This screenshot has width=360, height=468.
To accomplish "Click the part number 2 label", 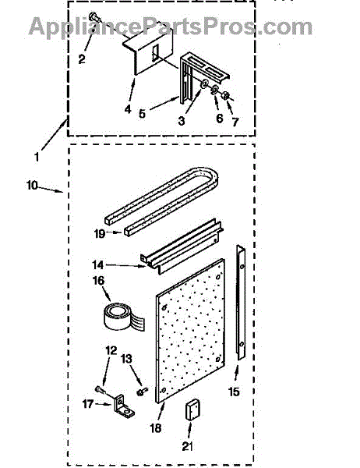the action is pyautogui.click(x=82, y=59).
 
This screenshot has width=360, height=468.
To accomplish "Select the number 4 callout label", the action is pyautogui.click(x=128, y=109).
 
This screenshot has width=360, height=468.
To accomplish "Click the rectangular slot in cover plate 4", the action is pyautogui.click(x=155, y=54).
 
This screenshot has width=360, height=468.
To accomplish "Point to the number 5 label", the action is pyautogui.click(x=142, y=113).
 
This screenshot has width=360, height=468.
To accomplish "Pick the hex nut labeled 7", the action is pyautogui.click(x=226, y=96).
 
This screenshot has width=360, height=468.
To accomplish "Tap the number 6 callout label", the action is pyautogui.click(x=220, y=119).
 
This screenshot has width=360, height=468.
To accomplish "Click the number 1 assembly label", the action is pyautogui.click(x=37, y=157).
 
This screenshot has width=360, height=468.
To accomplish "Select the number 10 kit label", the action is pyautogui.click(x=32, y=186).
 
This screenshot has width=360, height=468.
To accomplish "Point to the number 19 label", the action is pyautogui.click(x=100, y=233).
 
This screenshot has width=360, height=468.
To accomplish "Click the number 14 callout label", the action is pyautogui.click(x=98, y=265).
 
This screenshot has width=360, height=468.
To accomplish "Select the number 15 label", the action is pyautogui.click(x=234, y=392).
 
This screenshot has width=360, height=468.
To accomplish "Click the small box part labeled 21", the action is pyautogui.click(x=192, y=409).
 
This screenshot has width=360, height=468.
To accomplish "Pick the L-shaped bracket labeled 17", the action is pyautogui.click(x=123, y=406).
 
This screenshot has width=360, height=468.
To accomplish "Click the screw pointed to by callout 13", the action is pyautogui.click(x=142, y=392).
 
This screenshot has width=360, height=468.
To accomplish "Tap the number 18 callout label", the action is pyautogui.click(x=156, y=428).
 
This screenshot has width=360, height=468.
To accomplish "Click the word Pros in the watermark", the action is pyautogui.click(x=231, y=27).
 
